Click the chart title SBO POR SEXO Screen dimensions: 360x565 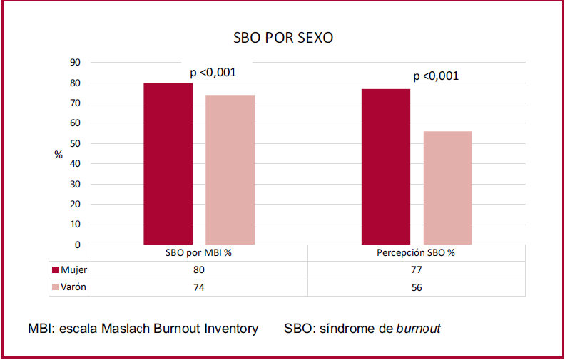click(282, 38)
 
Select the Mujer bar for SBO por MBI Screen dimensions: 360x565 click(168, 164)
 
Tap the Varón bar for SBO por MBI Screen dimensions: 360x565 click(230, 170)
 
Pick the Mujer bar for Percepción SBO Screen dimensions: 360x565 click(385, 167)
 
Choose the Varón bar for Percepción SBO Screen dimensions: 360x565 click(447, 188)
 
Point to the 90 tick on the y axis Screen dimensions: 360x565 click(75, 63)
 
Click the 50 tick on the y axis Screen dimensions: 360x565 click(75, 143)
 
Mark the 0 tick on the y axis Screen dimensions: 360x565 click(77, 245)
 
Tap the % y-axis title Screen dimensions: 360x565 click(58, 155)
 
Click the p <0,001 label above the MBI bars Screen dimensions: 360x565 click(213, 72)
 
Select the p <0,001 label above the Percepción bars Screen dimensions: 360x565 click(436, 76)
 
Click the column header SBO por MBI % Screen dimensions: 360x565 click(199, 253)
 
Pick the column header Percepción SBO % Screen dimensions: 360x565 click(416, 253)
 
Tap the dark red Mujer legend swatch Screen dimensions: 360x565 click(56, 270)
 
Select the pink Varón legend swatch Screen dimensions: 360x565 click(56, 287)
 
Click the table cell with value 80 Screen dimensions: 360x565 click(199, 270)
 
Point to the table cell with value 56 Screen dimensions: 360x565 click(416, 287)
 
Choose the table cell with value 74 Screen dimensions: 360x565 click(199, 287)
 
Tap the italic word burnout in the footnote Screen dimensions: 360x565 click(418, 329)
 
